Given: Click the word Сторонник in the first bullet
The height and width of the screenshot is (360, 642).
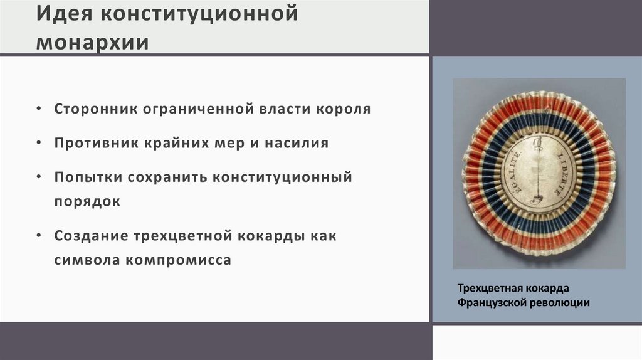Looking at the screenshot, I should click(x=95, y=109).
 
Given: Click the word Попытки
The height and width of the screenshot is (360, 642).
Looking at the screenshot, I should click(x=87, y=177).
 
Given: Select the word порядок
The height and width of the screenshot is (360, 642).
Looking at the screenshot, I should click(x=87, y=203).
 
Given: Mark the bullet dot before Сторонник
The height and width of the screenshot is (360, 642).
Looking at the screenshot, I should click(x=39, y=109).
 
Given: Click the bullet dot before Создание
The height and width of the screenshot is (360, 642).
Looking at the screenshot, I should click(x=39, y=236).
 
